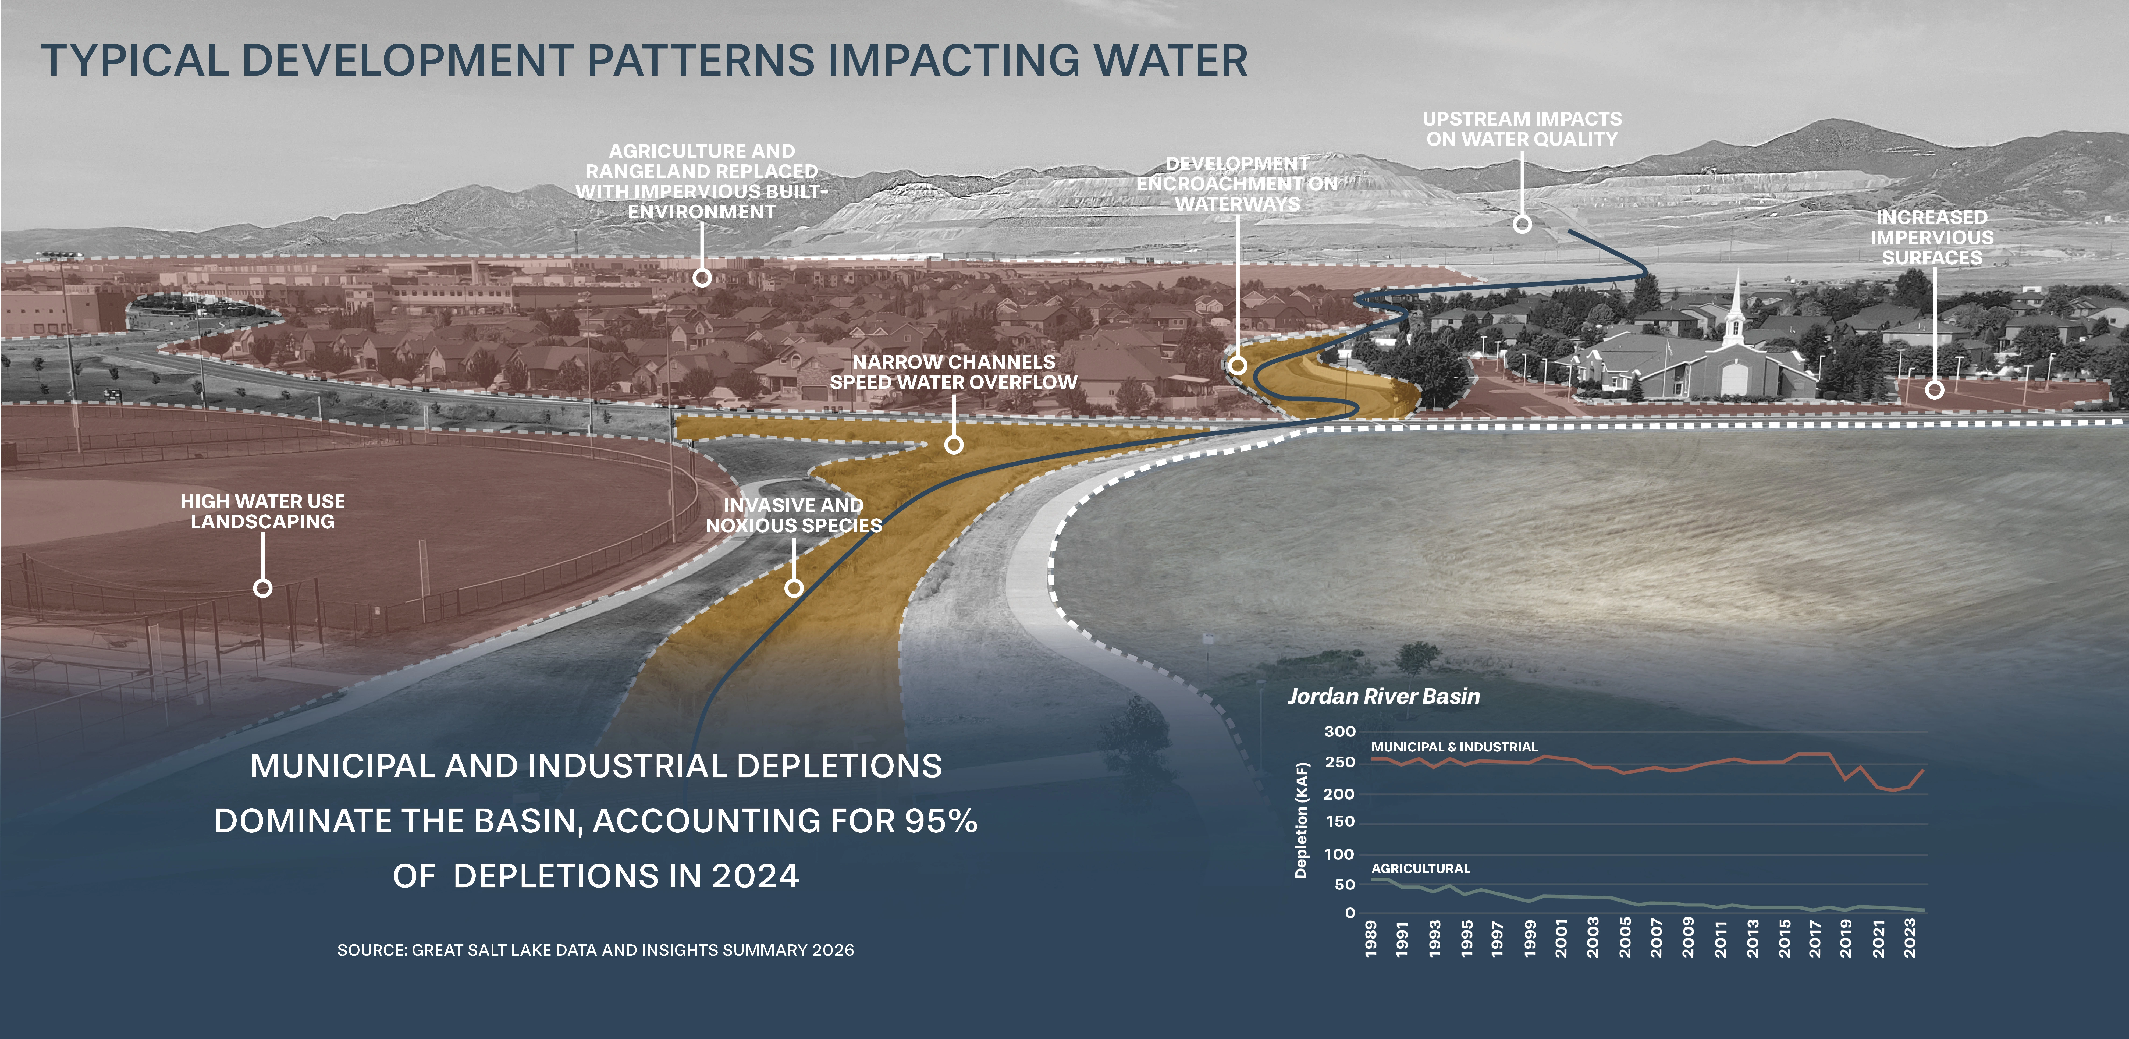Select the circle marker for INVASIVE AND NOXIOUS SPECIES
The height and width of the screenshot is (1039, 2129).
tap(793, 588)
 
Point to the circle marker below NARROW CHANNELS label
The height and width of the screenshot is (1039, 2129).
tap(954, 445)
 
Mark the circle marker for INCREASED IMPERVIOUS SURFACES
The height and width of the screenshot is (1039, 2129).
tap(1934, 389)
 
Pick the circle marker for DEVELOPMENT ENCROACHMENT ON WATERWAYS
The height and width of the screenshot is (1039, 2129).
tap(1237, 364)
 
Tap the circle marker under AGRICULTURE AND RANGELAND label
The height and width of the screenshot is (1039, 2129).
tap(702, 278)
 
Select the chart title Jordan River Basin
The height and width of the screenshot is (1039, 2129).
tap(1384, 697)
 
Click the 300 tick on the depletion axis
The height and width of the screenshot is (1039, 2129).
tap(1340, 732)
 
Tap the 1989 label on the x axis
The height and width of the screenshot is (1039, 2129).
tap(1371, 938)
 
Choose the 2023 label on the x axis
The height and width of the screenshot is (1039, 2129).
tap(1910, 938)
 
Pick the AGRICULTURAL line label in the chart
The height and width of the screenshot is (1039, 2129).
tap(1421, 869)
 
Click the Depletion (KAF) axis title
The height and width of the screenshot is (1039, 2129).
tap(1302, 820)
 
